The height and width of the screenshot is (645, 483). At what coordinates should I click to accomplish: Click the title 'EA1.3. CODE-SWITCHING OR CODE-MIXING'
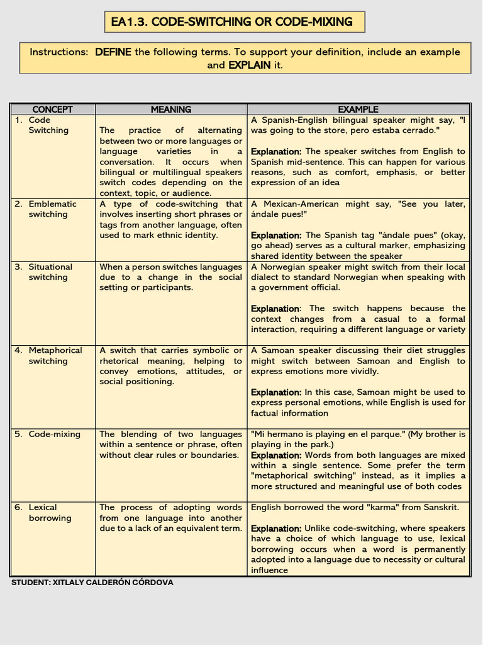coord(231,22)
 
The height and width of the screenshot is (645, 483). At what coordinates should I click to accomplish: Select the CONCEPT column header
coord(52,110)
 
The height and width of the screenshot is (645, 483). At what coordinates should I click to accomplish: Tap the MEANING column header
coord(171,110)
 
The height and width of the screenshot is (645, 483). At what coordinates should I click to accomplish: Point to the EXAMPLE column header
coord(358,110)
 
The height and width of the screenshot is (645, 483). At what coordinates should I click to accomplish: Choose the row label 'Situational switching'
coord(50,272)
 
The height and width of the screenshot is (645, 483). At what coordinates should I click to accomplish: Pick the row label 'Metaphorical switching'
coord(55,356)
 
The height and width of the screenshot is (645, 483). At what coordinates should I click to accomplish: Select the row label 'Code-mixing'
coord(54,434)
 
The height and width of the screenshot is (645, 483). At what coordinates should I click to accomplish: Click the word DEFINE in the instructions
coord(113,52)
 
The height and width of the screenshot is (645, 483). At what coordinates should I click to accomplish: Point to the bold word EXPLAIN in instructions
coord(249,65)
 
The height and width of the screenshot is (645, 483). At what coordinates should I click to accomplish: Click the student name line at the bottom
coord(92,583)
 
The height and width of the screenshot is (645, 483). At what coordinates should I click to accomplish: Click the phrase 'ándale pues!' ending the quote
coord(277,214)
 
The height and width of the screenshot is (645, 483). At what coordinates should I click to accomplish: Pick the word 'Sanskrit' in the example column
coord(438,508)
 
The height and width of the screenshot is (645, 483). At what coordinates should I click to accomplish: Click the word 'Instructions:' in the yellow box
coord(58,52)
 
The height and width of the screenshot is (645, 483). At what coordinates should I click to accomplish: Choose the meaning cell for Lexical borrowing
coord(170,518)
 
